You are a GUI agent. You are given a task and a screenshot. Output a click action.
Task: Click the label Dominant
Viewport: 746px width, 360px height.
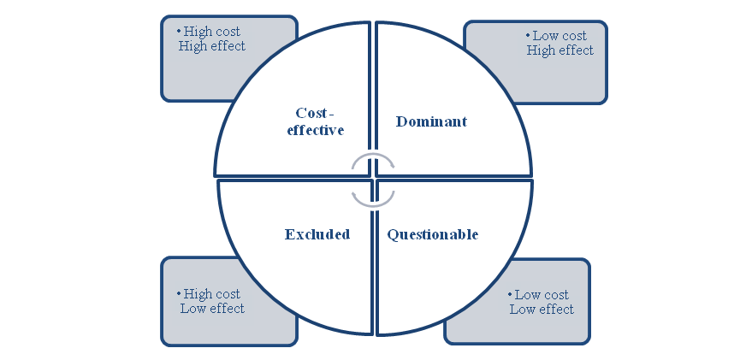(431, 121)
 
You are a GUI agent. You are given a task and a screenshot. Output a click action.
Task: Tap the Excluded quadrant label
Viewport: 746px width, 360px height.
(317, 234)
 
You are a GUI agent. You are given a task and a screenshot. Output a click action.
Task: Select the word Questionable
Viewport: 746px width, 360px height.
(432, 234)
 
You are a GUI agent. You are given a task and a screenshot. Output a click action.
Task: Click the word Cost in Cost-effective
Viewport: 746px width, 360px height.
(311, 113)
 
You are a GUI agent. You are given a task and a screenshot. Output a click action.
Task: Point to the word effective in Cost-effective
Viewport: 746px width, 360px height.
(316, 130)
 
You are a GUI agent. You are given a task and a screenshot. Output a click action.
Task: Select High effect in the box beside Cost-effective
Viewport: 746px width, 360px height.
(211, 46)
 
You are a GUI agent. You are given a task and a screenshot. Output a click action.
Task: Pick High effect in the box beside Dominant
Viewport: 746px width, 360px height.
(559, 50)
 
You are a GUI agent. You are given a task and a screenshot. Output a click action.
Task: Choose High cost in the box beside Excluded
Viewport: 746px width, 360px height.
(212, 294)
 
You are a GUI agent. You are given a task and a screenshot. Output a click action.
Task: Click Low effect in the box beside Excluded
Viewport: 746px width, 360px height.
(212, 309)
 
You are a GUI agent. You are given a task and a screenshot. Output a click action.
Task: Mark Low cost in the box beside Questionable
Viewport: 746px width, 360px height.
(541, 295)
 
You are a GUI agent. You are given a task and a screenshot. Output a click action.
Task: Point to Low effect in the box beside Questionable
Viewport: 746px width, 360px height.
(542, 310)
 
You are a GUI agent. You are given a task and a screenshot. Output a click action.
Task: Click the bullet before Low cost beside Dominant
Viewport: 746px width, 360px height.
(528, 36)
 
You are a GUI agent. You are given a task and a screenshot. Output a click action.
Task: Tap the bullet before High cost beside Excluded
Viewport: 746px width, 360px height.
(179, 294)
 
